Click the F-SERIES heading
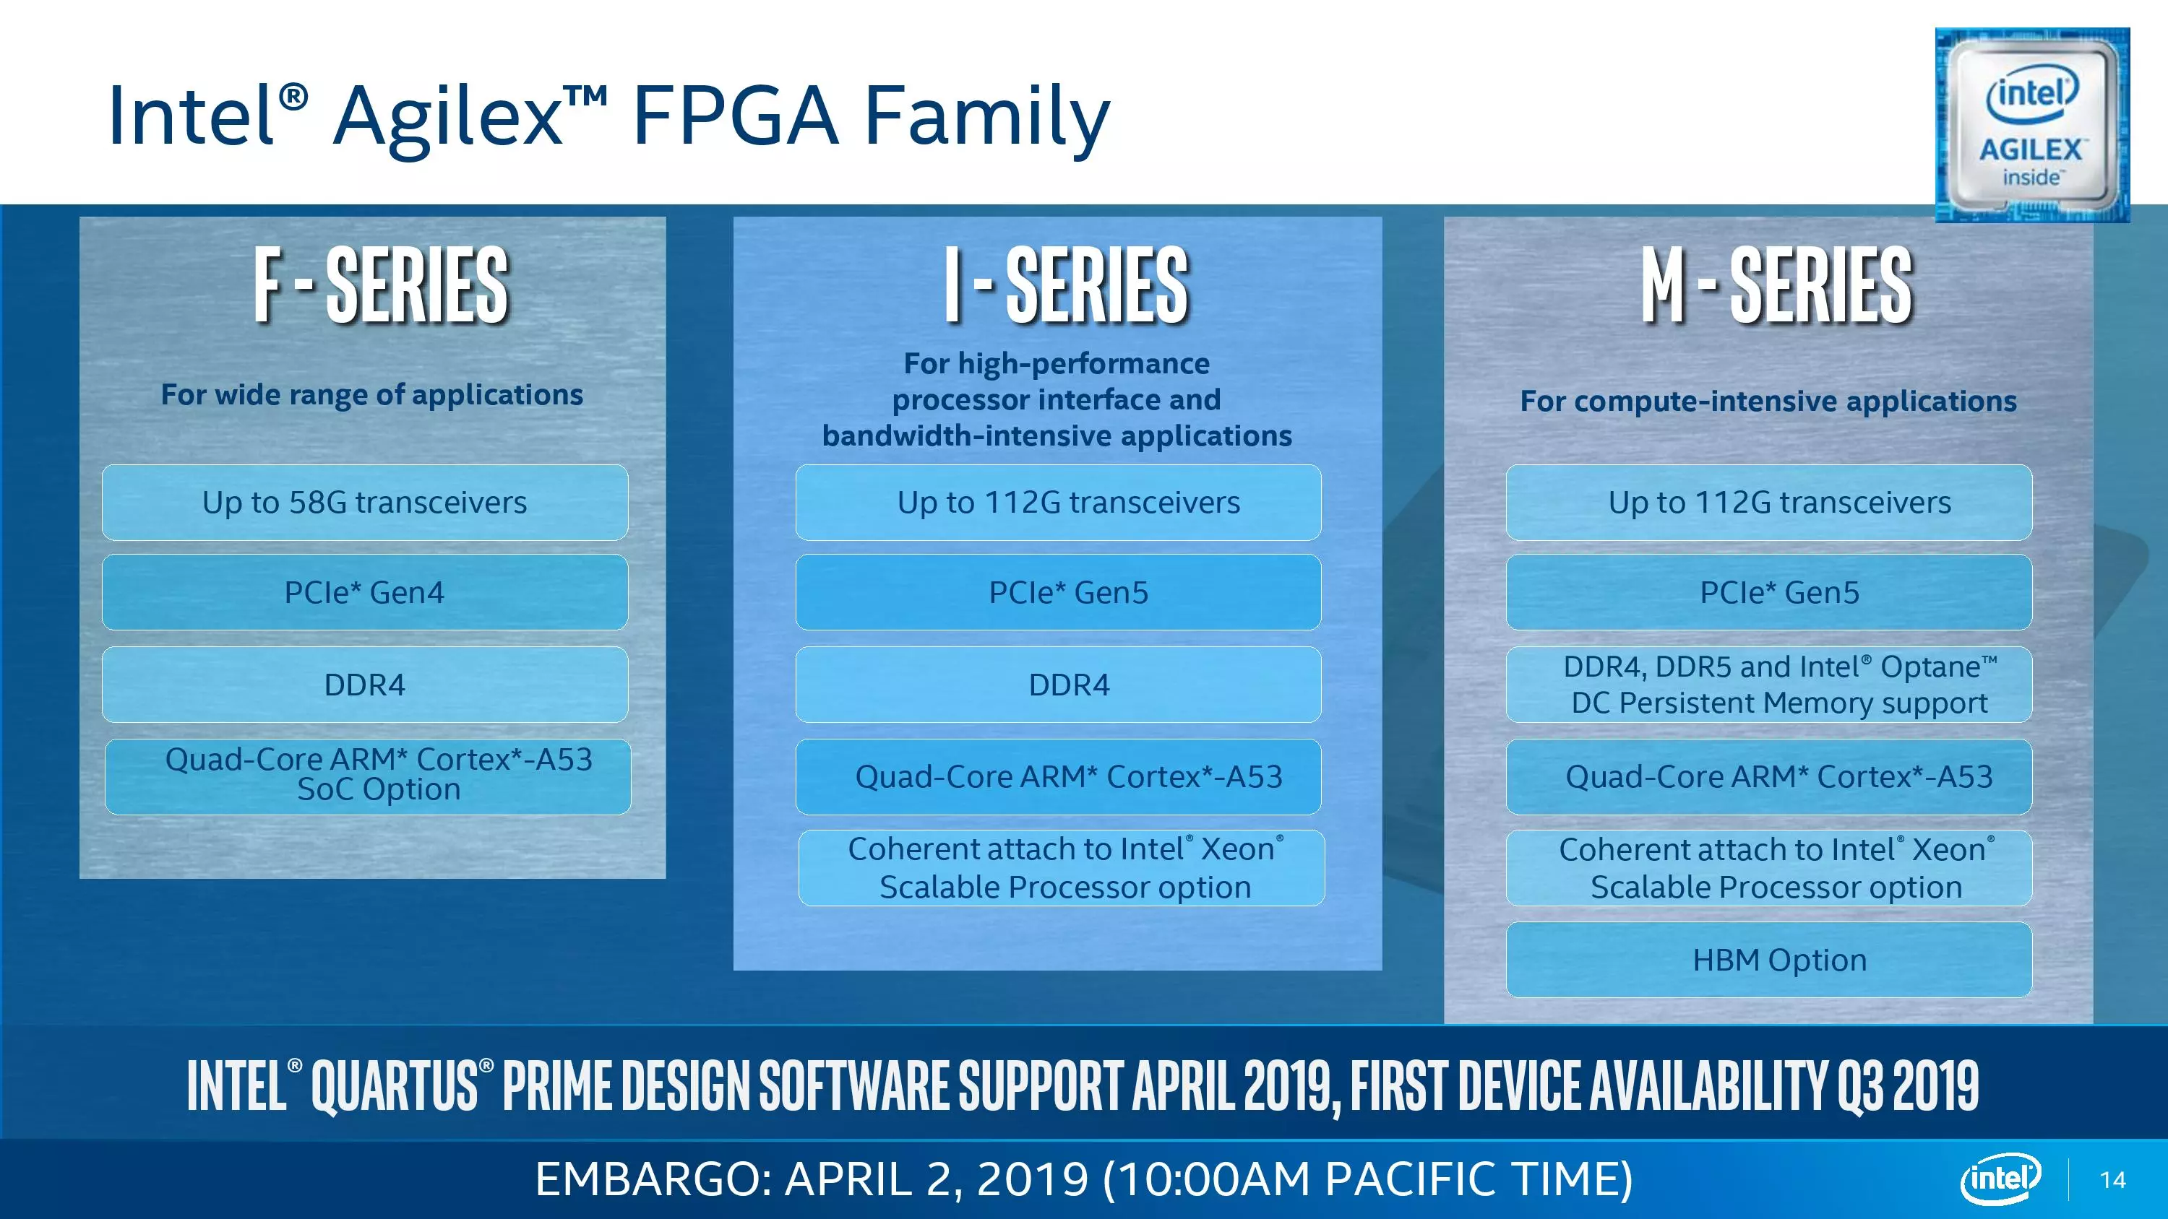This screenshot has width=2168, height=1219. (x=382, y=286)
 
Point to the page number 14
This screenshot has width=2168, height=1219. (x=2113, y=1179)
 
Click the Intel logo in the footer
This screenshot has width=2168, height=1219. (x=2001, y=1179)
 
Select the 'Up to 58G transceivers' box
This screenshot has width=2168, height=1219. (x=365, y=502)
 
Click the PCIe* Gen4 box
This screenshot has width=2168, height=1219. (x=365, y=592)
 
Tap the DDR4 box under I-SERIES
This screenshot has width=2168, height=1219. (x=1059, y=685)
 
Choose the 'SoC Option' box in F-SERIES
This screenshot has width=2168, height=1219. (x=368, y=776)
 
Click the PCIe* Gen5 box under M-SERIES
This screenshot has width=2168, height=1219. (x=1769, y=592)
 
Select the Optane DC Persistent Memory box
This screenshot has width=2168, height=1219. (x=1769, y=685)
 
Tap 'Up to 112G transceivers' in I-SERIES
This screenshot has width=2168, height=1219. (x=1059, y=502)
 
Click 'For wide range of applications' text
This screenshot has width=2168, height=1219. (x=372, y=394)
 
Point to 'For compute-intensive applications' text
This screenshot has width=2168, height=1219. (x=1768, y=402)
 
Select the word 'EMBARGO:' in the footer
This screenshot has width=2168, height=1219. (x=654, y=1179)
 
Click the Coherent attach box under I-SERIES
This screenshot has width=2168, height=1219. (x=1062, y=868)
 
